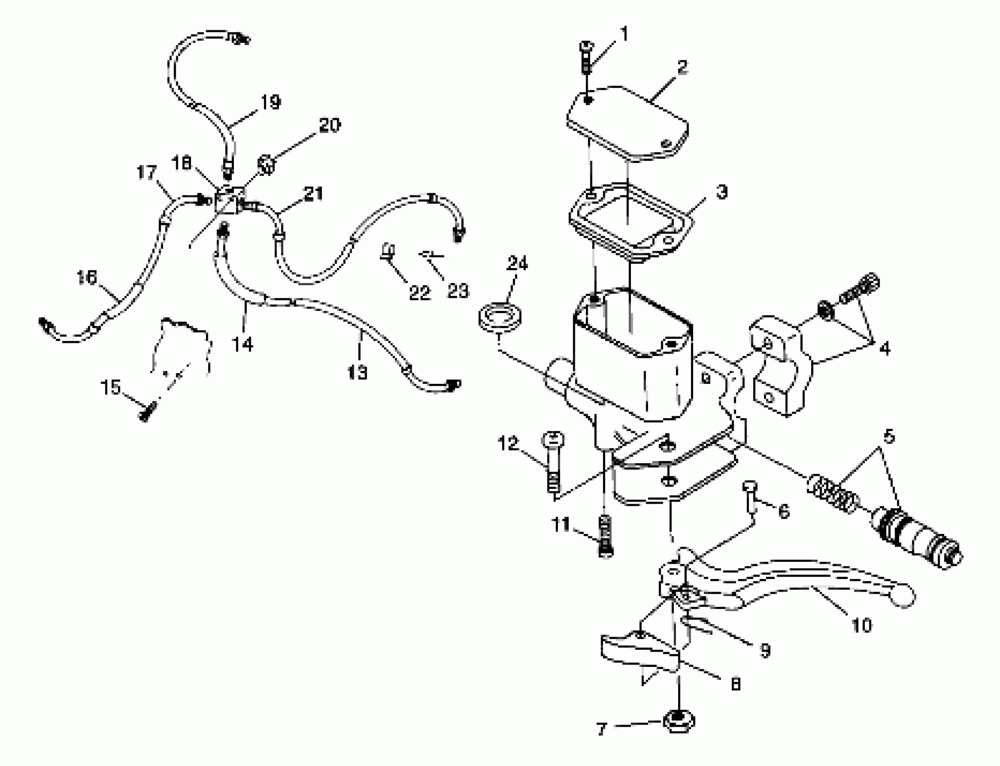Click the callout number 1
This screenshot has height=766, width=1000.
point(624,34)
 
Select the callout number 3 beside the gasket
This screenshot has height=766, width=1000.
point(721,192)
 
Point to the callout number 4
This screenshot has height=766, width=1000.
point(885,349)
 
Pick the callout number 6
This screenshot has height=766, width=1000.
point(783,511)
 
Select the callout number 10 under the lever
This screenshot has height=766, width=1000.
point(861,625)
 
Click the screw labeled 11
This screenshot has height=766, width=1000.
point(605,541)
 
